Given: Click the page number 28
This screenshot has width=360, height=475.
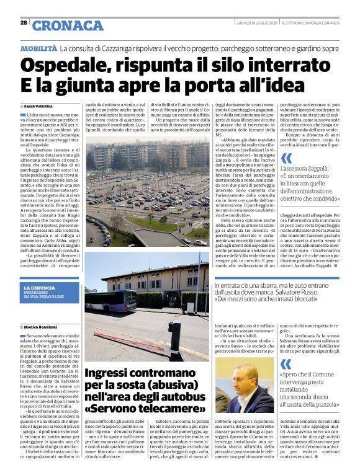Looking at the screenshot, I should coord(24,23).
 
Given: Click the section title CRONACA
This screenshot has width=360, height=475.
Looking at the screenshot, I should coord(68,25).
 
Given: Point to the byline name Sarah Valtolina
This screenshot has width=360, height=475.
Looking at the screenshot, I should coord(38,106).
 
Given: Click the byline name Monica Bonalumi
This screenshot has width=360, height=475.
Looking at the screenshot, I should coord(40,327).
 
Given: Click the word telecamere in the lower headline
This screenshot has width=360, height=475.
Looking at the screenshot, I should coord(163,409).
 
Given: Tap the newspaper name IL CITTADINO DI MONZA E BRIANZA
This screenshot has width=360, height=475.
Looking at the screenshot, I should coord(317,23).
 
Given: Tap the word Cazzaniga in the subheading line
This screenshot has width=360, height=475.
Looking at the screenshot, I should coord(127,48).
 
